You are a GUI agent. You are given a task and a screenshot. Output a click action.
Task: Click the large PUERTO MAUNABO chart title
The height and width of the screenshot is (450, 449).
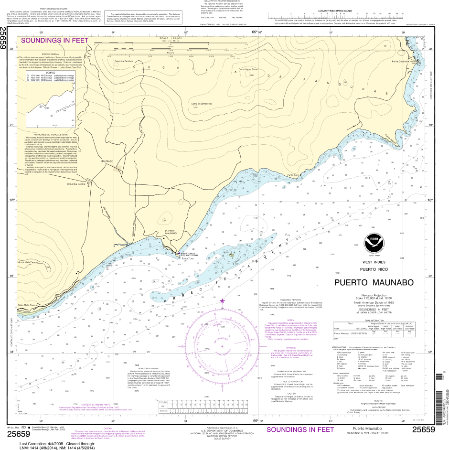(x=374, y=282)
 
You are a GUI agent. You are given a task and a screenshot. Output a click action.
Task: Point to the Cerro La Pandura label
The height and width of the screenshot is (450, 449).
(x=123, y=61)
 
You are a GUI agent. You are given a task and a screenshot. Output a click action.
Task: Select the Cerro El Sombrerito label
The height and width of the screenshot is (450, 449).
(x=201, y=104)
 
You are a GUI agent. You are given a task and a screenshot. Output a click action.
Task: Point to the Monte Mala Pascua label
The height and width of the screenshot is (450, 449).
(x=27, y=262)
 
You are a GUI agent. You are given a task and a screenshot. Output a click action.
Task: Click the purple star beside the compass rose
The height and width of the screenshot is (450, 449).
(x=222, y=301)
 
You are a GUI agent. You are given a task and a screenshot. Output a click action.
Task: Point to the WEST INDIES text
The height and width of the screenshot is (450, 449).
(x=374, y=262)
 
